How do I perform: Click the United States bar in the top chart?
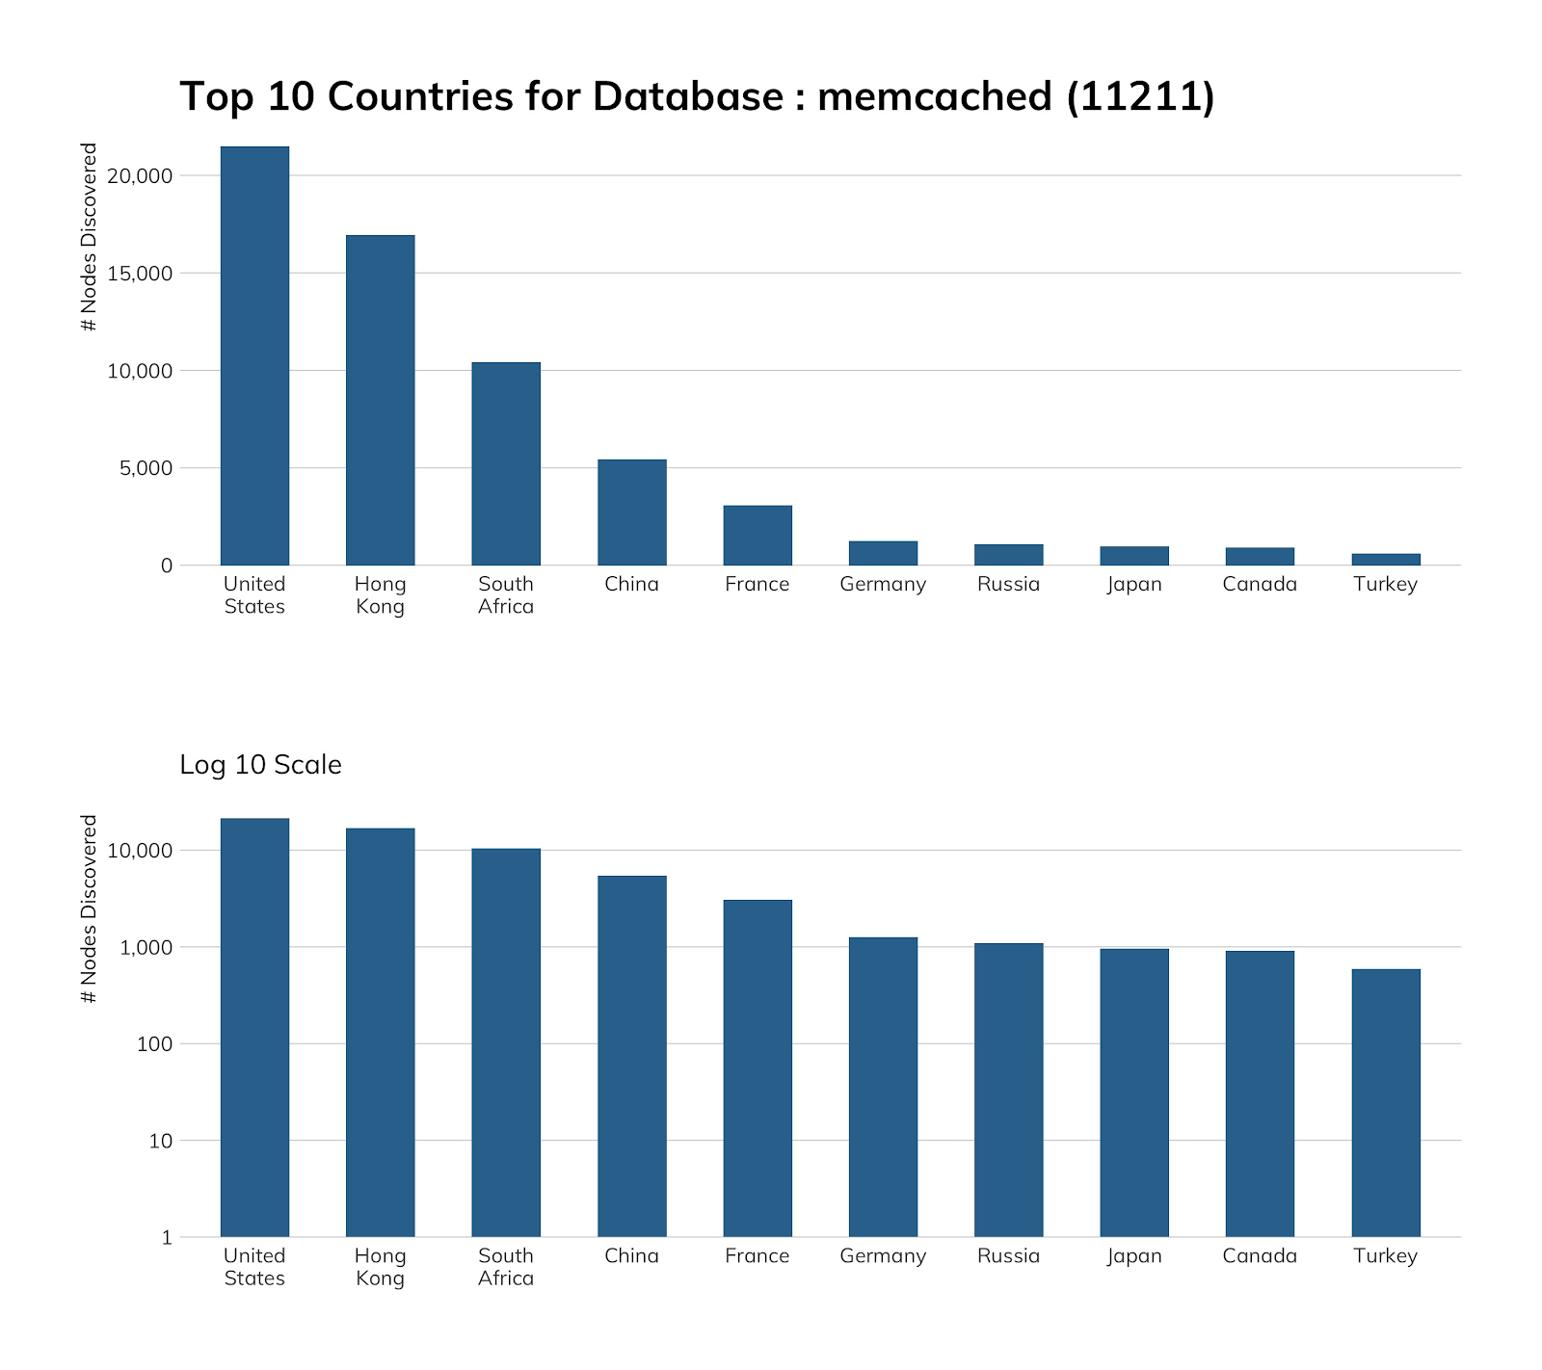254,356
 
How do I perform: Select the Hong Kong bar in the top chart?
380,400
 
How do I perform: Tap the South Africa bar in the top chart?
506,463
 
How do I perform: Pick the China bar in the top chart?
631,512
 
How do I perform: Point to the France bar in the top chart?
758,535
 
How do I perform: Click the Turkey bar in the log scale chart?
1385,1102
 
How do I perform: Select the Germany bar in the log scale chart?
883,1087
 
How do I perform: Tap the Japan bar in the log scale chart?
1134,1093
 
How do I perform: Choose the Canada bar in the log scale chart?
1260,1093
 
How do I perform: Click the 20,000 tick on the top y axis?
140,176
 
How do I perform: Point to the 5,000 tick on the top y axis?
145,468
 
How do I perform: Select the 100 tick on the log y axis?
154,1044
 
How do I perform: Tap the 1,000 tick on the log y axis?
146,948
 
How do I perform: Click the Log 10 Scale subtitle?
260,765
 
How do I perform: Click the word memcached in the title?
934,97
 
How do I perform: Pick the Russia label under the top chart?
1008,584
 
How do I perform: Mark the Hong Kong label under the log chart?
380,1267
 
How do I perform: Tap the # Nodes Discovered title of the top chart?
90,237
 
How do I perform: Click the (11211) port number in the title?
1141,97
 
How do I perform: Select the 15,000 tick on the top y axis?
140,274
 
